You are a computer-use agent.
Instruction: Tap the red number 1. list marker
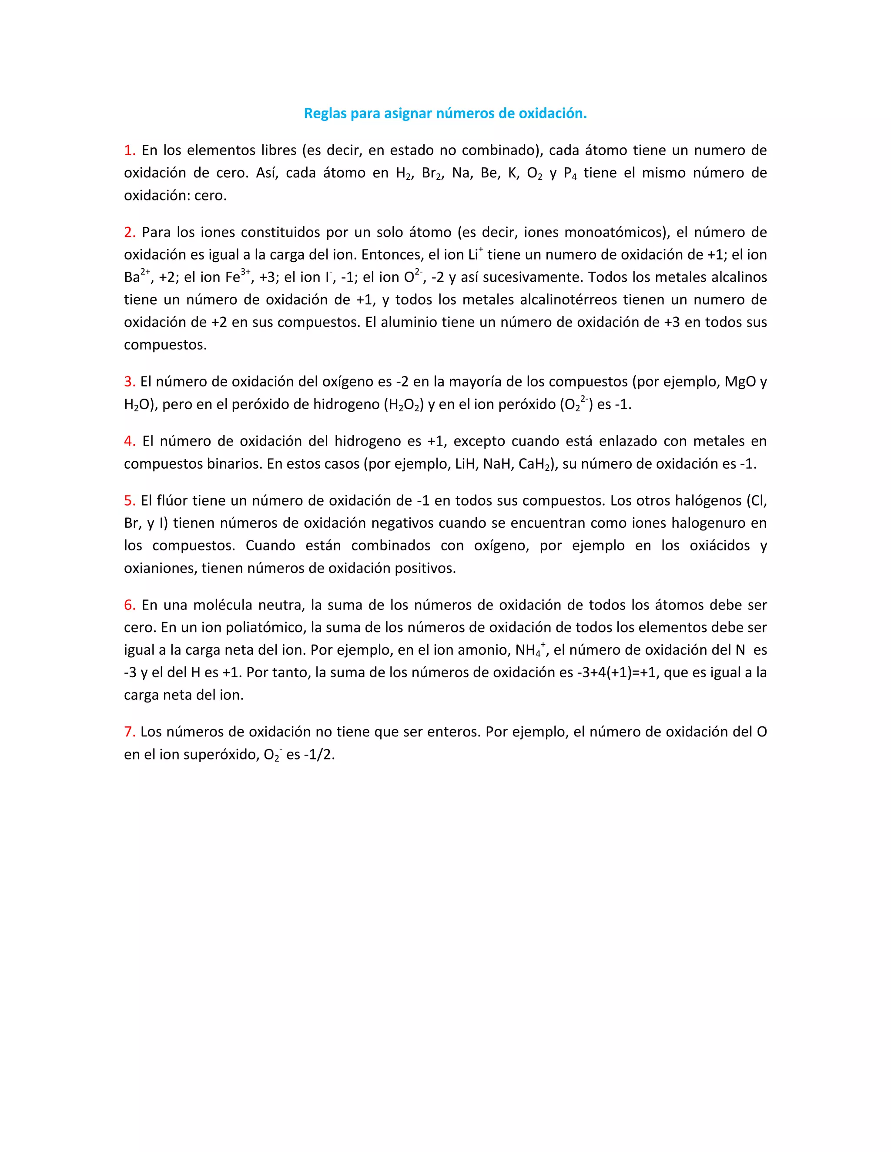[x=129, y=150]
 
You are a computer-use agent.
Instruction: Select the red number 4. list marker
[x=129, y=441]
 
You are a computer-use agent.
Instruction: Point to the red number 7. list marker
[x=129, y=732]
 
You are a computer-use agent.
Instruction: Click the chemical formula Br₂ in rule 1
[x=432, y=173]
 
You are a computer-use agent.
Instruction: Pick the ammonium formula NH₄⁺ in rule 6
[x=530, y=650]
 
